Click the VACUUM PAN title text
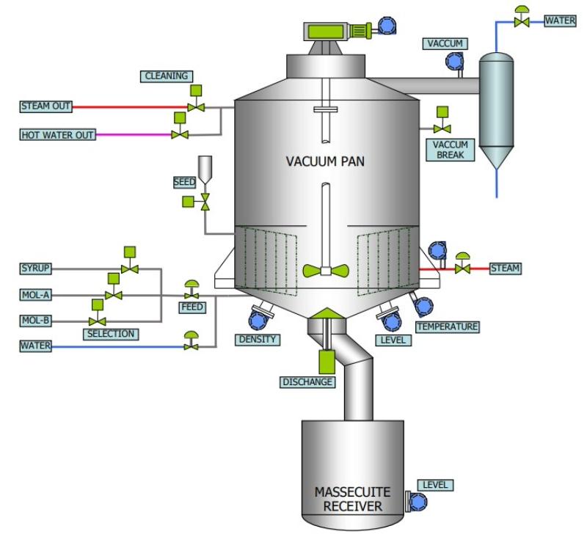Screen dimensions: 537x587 point(326,161)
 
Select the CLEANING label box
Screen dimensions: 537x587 point(167,76)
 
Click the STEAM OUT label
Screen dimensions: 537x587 point(45,107)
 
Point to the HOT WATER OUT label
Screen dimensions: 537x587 point(56,135)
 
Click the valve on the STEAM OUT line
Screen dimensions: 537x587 point(196,106)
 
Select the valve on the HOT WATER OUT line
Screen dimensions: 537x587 point(179,134)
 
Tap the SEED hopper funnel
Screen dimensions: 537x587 point(205,168)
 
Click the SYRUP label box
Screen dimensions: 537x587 point(36,268)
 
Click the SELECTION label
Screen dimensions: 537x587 point(110,334)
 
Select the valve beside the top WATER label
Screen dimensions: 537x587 point(522,22)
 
